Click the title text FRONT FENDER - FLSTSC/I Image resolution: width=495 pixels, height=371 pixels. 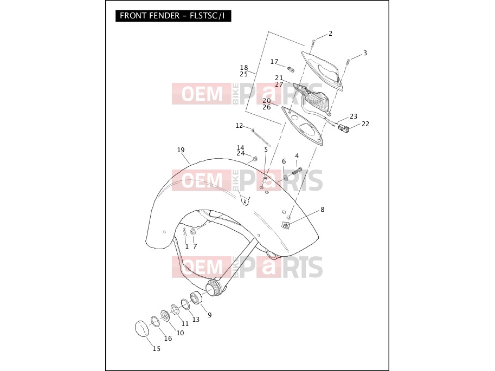point(172,16)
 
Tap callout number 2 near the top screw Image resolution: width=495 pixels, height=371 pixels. point(331,34)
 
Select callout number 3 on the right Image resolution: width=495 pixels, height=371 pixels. point(365,53)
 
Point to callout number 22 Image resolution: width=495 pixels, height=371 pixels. point(365,124)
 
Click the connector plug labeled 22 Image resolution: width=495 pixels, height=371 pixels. point(344,128)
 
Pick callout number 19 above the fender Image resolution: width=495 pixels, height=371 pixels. point(181,150)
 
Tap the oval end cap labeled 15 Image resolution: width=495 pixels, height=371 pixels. point(142,329)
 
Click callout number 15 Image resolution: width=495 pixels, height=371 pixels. point(157,349)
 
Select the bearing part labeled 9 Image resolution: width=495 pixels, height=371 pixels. point(196,298)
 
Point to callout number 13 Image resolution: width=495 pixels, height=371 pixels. point(196,319)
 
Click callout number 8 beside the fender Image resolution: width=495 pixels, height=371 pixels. point(322,210)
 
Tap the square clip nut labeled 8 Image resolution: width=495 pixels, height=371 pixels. point(286,225)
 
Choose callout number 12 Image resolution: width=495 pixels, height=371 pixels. point(239,126)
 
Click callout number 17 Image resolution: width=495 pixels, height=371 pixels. point(274,62)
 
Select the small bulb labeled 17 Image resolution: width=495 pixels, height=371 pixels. point(291,69)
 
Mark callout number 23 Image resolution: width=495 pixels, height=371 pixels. point(353,116)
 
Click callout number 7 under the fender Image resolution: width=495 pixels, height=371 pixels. point(195,246)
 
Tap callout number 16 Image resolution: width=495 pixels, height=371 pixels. point(168,338)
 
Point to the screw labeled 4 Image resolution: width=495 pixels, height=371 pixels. point(297,172)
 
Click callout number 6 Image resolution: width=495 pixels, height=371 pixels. point(284,161)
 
